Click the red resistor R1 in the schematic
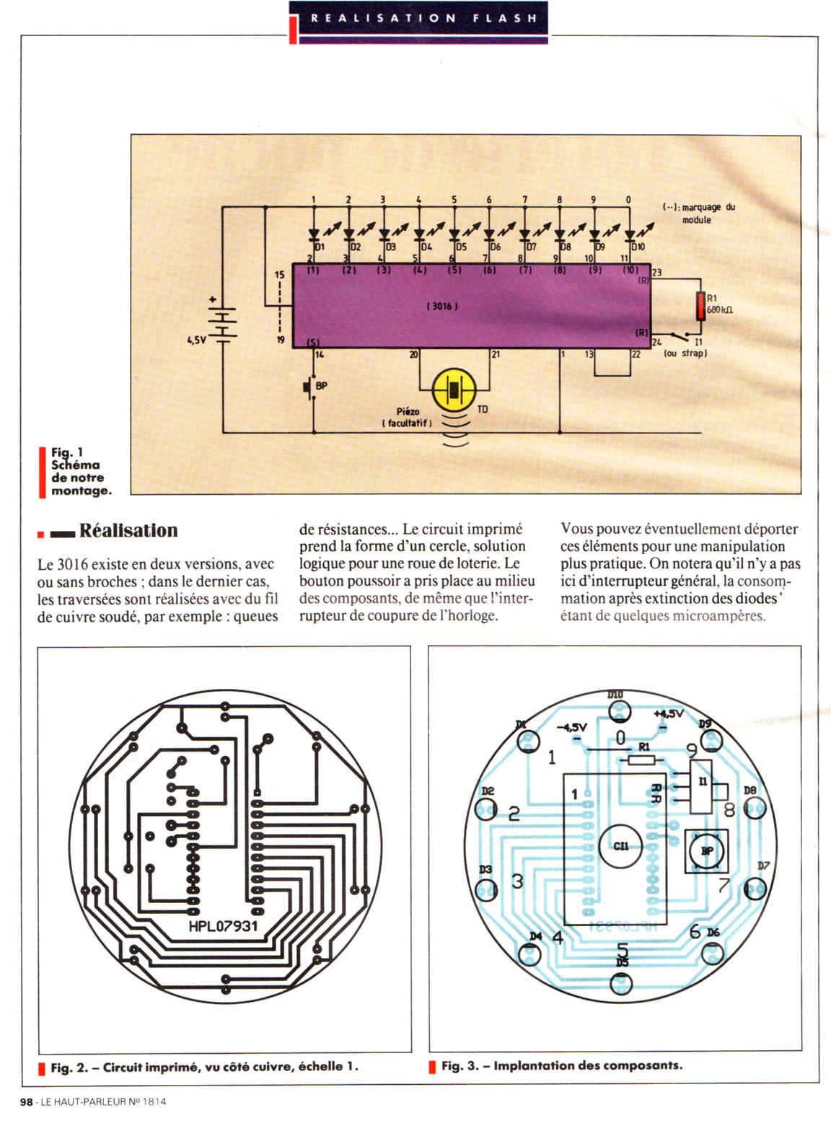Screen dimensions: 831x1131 (700, 306)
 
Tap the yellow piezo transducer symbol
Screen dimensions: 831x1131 (454, 390)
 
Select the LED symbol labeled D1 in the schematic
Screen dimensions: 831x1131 (314, 234)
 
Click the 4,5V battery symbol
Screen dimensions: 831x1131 (222, 322)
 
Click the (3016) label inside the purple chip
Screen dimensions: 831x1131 (442, 306)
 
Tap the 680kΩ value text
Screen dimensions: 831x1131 (719, 309)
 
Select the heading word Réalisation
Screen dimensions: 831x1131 (128, 530)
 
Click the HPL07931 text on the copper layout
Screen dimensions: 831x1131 (223, 925)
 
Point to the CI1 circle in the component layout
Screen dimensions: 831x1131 (620, 846)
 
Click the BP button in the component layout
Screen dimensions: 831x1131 (707, 851)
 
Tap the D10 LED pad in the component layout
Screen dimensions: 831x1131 (620, 711)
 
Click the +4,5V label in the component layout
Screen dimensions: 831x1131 (669, 713)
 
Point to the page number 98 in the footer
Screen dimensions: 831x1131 (26, 1101)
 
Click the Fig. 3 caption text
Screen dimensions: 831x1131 (562, 1065)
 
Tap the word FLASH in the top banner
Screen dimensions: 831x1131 (505, 18)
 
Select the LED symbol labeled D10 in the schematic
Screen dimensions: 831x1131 (629, 234)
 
